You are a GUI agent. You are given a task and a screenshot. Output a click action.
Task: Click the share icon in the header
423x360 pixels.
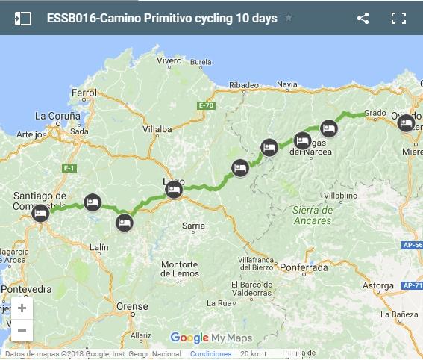(363, 18)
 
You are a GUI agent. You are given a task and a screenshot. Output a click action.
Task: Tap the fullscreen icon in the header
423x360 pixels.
(398, 18)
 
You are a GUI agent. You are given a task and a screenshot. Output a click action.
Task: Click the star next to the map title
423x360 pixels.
(289, 18)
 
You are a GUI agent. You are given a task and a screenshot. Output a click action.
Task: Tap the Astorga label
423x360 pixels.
(377, 285)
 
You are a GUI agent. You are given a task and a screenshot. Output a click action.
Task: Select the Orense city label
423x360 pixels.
(133, 306)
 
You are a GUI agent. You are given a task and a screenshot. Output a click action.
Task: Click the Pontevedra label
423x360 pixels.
(25, 288)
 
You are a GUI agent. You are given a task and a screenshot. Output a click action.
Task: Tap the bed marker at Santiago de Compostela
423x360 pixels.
(40, 214)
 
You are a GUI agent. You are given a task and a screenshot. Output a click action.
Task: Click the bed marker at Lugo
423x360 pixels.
(173, 190)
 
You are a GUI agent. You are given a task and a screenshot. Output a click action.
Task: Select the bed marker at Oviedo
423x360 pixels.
(406, 122)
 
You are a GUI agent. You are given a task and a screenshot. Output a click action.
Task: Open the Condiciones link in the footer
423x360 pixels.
(210, 354)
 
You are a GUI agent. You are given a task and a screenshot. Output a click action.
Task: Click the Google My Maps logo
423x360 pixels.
(211, 337)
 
